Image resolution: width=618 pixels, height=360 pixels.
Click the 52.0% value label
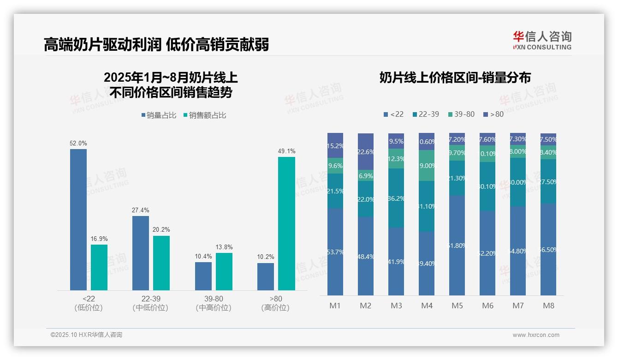(78, 144)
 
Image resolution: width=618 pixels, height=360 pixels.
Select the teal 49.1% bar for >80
(286, 223)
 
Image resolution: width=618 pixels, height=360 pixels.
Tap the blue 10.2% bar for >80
(266, 276)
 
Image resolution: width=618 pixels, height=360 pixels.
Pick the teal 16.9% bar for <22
(99, 267)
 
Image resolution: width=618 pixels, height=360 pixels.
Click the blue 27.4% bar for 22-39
(141, 253)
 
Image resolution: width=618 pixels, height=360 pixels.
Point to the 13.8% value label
(224, 247)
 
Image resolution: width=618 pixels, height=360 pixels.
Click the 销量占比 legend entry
(159, 115)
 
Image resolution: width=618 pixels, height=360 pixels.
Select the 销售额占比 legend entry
(205, 115)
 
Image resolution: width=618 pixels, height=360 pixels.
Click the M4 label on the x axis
(427, 306)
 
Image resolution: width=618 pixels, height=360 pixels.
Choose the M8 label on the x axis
(548, 306)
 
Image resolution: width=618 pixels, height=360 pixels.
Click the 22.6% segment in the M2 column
(366, 152)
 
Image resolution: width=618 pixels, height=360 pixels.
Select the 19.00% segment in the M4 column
(427, 166)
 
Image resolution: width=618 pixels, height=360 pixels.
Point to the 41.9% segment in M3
(396, 261)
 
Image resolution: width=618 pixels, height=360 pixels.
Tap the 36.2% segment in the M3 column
(396, 198)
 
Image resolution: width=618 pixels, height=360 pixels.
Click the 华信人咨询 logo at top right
(542, 40)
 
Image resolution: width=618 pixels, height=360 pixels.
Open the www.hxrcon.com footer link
(536, 335)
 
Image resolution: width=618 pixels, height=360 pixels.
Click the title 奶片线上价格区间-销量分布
(455, 78)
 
